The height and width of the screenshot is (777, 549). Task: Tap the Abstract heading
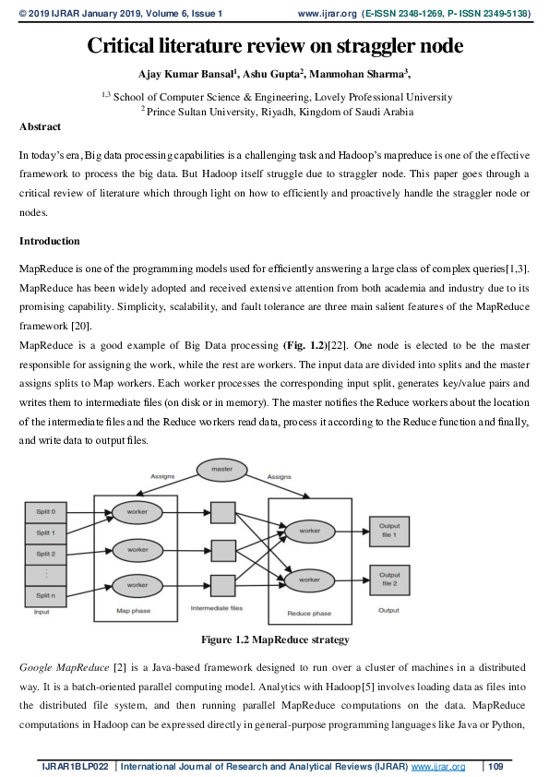point(40,126)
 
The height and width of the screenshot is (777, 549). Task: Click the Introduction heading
point(49,241)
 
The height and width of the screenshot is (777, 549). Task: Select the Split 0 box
point(45,511)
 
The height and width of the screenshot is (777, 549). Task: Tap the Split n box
point(45,595)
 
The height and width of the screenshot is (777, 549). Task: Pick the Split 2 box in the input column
point(45,553)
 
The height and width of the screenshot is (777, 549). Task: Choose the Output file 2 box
point(388,579)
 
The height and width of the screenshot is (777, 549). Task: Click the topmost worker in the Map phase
point(137,510)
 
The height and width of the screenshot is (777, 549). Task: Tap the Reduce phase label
point(309,613)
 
